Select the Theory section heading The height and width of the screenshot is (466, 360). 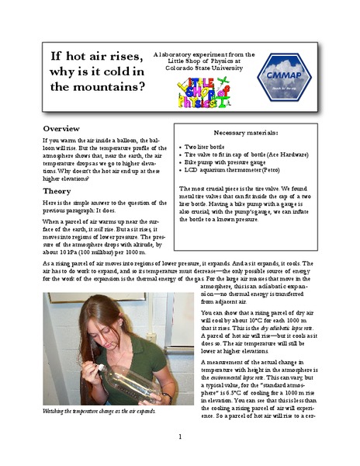pyautogui.click(x=57, y=190)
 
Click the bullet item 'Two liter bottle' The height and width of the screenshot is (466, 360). pyautogui.click(x=206, y=147)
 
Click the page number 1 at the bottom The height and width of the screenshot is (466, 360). pyautogui.click(x=179, y=436)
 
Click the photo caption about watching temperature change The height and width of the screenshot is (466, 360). pyautogui.click(x=99, y=410)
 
